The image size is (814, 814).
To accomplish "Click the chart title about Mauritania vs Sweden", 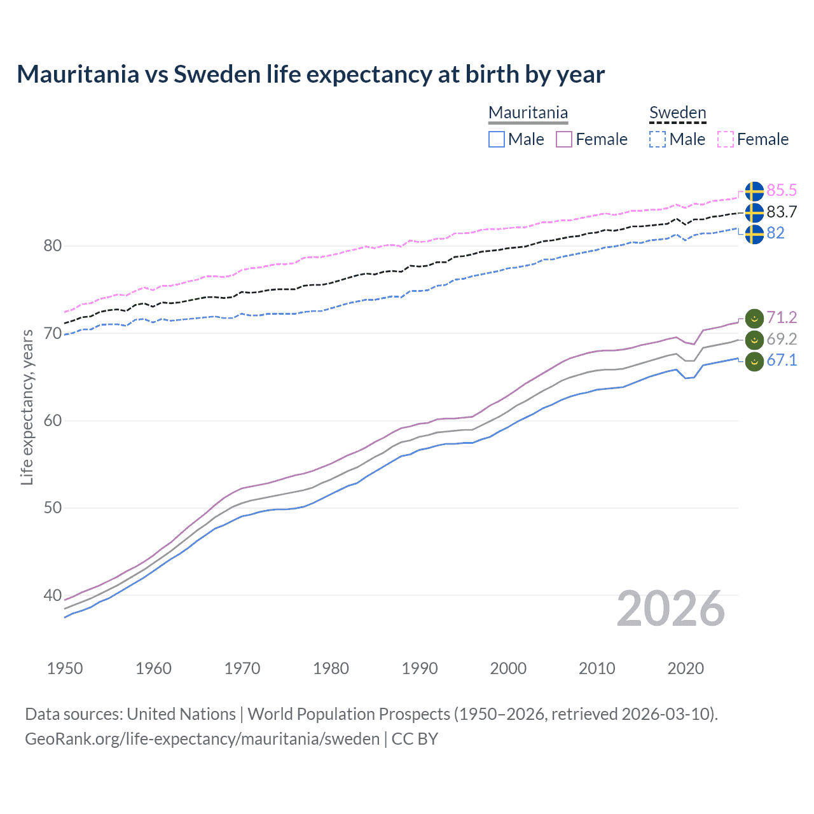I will pos(310,74).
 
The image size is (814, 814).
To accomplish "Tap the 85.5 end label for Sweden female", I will pos(782,190).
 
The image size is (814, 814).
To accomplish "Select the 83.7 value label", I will pos(782,212).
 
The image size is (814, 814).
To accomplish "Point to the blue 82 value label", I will pos(775,233).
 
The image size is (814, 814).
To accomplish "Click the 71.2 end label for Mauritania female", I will pos(782,317).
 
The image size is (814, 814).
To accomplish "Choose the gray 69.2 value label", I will pos(782,339).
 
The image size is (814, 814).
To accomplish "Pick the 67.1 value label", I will pos(782,361).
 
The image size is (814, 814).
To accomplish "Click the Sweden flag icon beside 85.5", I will pos(754,191).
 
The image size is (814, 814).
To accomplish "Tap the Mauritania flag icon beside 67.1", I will pos(754,361).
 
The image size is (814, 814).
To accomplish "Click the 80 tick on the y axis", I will pos(53,246).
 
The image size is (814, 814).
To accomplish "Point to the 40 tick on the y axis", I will pos(53,596).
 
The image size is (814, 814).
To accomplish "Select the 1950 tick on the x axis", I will pos(65,668).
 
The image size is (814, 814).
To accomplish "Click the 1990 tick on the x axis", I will pos(420,668).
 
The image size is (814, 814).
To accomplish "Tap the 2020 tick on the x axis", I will pos(686,668).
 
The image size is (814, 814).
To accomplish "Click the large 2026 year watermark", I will pos(671,609).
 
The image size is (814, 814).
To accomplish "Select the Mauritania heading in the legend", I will pos(528,113).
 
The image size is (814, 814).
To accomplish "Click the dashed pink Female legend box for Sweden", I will pos(726,139).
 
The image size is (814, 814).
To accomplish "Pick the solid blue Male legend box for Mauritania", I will pos(497,139).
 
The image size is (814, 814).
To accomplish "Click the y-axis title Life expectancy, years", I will pos(27,407).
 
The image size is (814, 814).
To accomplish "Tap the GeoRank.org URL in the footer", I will pos(202,739).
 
